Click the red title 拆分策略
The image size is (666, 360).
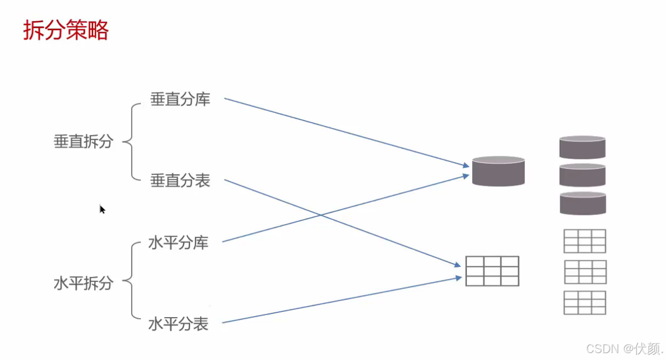point(66,31)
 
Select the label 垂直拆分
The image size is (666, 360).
point(83,141)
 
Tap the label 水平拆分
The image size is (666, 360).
point(83,283)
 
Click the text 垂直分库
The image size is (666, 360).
point(180,99)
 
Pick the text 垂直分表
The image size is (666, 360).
point(180,181)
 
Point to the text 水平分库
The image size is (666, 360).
point(178,243)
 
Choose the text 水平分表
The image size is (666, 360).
point(178,324)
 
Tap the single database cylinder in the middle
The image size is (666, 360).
point(498,171)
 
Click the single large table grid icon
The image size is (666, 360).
point(492,271)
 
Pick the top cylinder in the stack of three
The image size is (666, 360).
point(582,147)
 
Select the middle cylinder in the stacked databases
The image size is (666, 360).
point(582,175)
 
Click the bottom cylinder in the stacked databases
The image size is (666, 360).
point(582,203)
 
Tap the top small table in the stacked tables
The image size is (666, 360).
point(584,241)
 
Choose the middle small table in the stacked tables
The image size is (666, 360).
point(585,272)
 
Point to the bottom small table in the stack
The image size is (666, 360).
point(584,303)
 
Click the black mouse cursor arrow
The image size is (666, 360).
point(102,209)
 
